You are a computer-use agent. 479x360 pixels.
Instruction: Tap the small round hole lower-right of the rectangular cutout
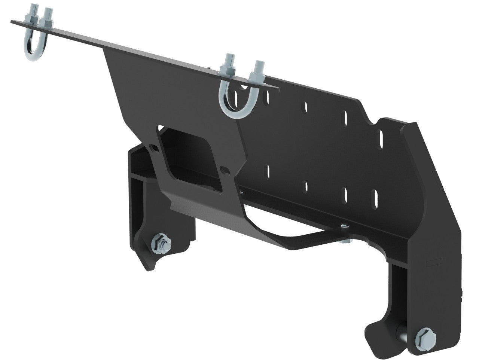pyautogui.click(x=224, y=171)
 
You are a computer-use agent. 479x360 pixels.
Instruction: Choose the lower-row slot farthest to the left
pyautogui.click(x=268, y=171)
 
